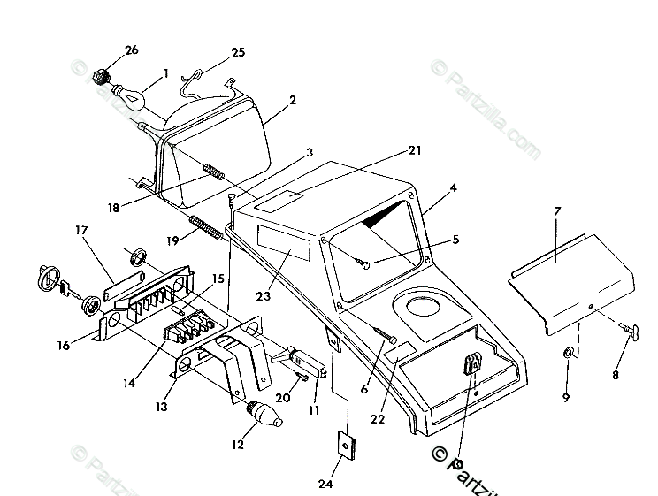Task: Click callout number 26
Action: click(131, 50)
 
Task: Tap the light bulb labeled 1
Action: click(131, 94)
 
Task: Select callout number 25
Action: click(238, 53)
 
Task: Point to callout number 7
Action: click(557, 211)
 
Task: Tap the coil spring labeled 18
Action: click(215, 169)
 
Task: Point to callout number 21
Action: click(390, 152)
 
